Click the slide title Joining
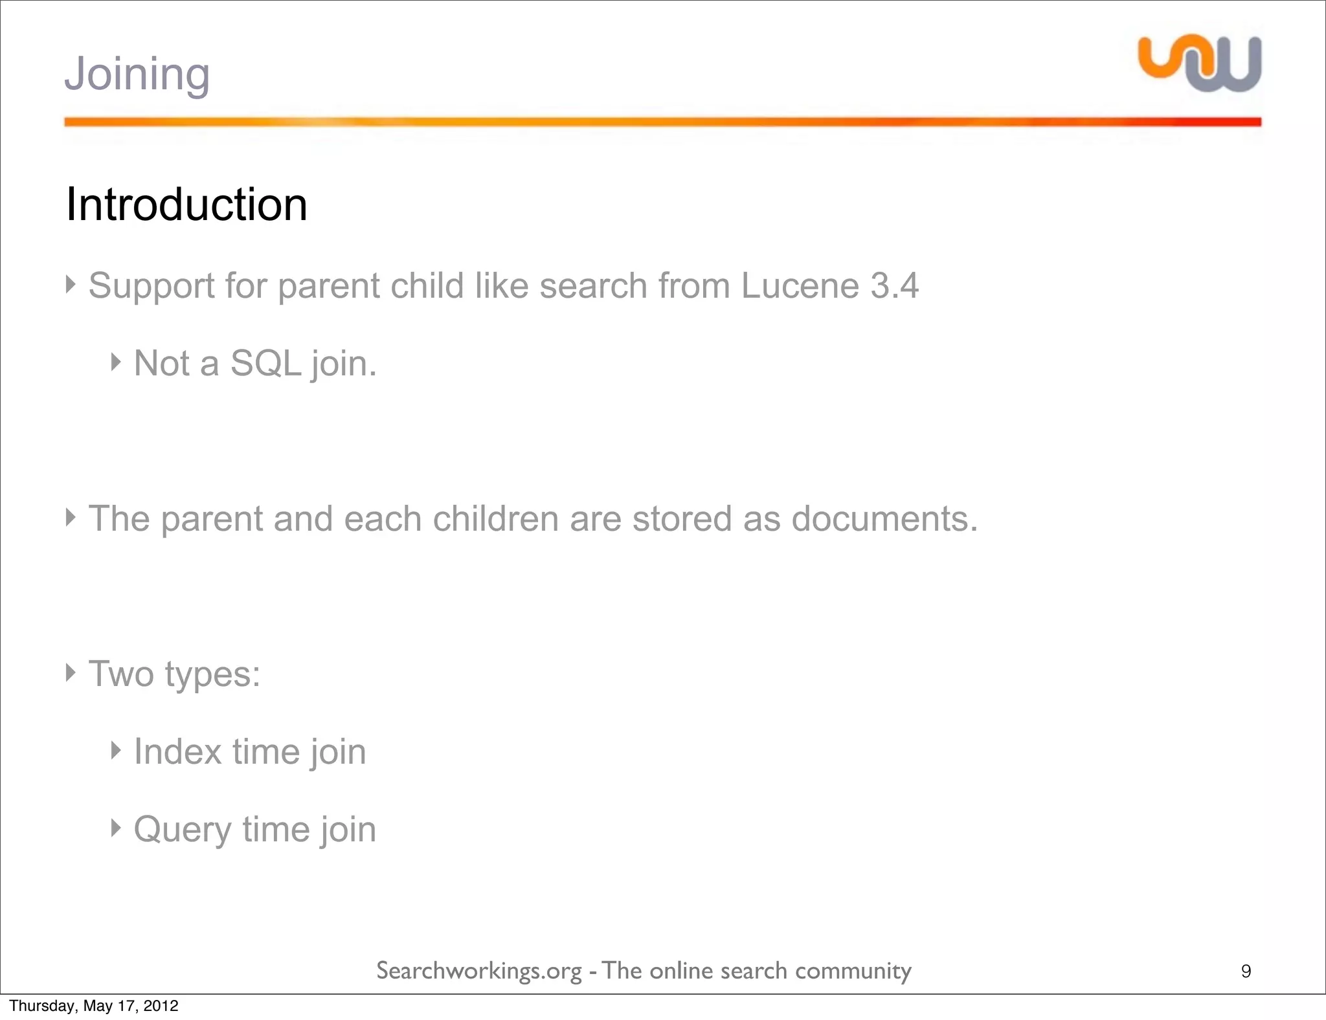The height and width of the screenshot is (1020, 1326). (137, 74)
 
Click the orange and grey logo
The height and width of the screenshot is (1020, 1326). (1200, 63)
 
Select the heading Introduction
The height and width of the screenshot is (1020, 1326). (186, 205)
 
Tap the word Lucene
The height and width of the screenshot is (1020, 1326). (800, 285)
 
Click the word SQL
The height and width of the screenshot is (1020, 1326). (265, 363)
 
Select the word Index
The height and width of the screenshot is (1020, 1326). (178, 751)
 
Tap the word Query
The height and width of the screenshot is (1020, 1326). (183, 830)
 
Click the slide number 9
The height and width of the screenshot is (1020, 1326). (1246, 971)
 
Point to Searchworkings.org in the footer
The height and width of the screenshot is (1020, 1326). (479, 971)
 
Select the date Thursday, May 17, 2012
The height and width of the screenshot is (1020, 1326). (94, 1006)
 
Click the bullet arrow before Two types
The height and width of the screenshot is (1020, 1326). (71, 672)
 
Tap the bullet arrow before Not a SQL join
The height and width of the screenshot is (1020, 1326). (116, 362)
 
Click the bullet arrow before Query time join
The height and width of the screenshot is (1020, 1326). (116, 828)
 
